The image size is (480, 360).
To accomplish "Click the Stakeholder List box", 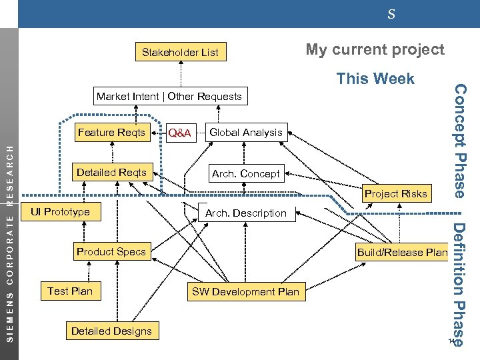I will [180, 52].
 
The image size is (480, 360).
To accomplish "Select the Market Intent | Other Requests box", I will [169, 97].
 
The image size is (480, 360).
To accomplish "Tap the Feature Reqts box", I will [111, 133].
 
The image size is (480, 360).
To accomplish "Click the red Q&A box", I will [179, 133].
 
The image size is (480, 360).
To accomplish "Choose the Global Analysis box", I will [246, 133].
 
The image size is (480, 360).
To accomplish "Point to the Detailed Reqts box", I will [111, 173].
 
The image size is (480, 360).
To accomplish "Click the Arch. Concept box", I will [246, 174].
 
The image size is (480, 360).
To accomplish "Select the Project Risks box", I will [395, 194].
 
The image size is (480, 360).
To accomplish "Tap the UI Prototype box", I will [56, 212].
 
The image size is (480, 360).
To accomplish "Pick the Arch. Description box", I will [246, 213].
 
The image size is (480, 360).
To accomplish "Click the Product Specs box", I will [111, 251].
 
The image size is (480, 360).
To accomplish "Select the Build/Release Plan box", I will [402, 252].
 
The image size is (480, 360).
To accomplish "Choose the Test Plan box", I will [70, 291].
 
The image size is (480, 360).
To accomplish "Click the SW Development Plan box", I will [246, 291].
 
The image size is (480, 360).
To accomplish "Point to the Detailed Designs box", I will [111, 331].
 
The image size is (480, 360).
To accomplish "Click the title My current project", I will [375, 50].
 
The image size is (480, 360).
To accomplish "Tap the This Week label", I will [375, 79].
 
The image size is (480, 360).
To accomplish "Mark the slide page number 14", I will [451, 342].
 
